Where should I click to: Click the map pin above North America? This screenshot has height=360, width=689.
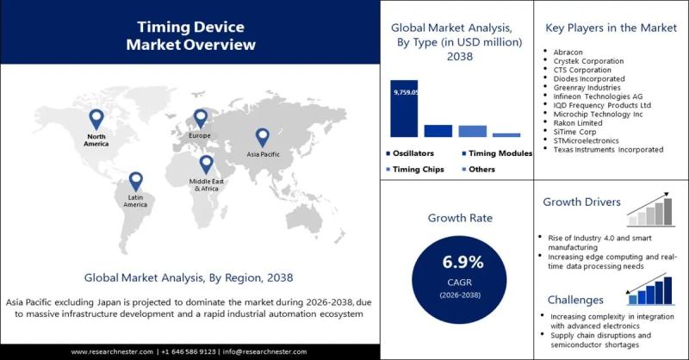[96, 119]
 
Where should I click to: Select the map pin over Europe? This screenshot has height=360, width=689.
[201, 118]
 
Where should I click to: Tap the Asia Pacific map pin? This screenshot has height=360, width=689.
[263, 136]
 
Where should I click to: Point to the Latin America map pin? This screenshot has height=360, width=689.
[135, 181]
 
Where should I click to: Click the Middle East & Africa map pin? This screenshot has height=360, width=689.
[206, 164]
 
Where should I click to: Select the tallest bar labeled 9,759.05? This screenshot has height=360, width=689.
[404, 108]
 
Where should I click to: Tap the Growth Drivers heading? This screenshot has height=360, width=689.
[581, 202]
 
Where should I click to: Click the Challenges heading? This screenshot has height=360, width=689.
[573, 300]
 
